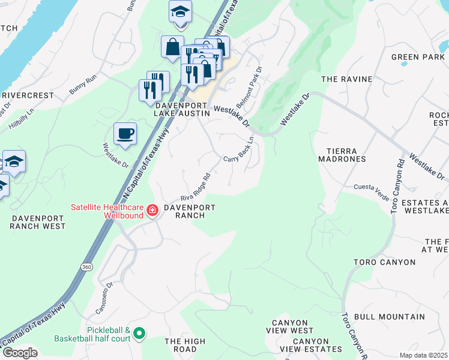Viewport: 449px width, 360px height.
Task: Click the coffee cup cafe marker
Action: (x=125, y=134)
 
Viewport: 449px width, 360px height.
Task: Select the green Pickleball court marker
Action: (x=139, y=332)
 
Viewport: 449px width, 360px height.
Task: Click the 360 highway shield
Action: (x=88, y=266)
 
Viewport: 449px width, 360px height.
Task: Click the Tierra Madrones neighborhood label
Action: (x=345, y=155)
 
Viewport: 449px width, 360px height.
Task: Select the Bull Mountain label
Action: (x=389, y=316)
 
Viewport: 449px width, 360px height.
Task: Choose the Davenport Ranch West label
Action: (x=37, y=222)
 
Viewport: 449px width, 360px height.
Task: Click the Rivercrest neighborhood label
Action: (x=29, y=95)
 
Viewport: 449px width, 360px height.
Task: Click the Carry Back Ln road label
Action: (x=239, y=150)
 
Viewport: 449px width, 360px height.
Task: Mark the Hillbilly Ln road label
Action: (x=22, y=117)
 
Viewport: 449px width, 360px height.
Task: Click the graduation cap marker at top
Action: (x=179, y=13)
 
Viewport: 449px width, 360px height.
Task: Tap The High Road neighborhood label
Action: (x=185, y=345)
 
